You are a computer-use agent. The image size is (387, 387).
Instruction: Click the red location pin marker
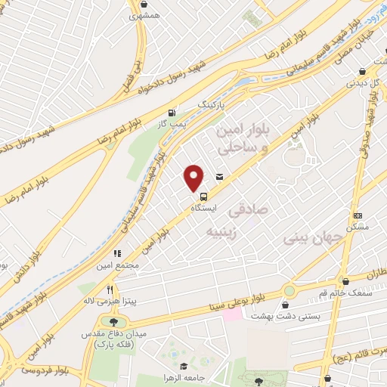[x=194, y=178]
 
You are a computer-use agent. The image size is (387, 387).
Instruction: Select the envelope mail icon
[x=219, y=177]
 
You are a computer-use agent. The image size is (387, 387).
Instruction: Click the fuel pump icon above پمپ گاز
[x=175, y=110]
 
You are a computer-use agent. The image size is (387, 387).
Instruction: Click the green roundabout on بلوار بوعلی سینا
[x=289, y=291]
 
